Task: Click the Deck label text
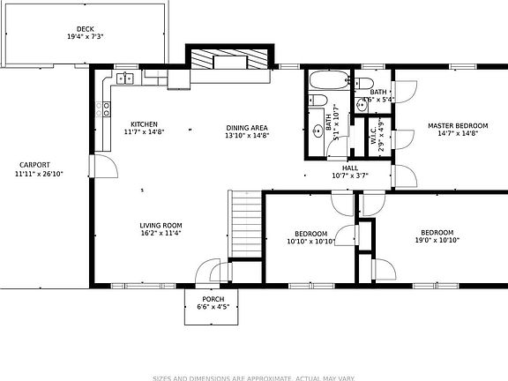tap(85, 29)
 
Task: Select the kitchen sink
tap(124, 78)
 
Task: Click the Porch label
tap(213, 300)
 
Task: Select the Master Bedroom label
tap(458, 126)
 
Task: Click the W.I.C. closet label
tap(374, 138)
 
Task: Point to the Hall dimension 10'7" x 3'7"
tap(349, 176)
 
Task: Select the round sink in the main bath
tap(318, 131)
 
